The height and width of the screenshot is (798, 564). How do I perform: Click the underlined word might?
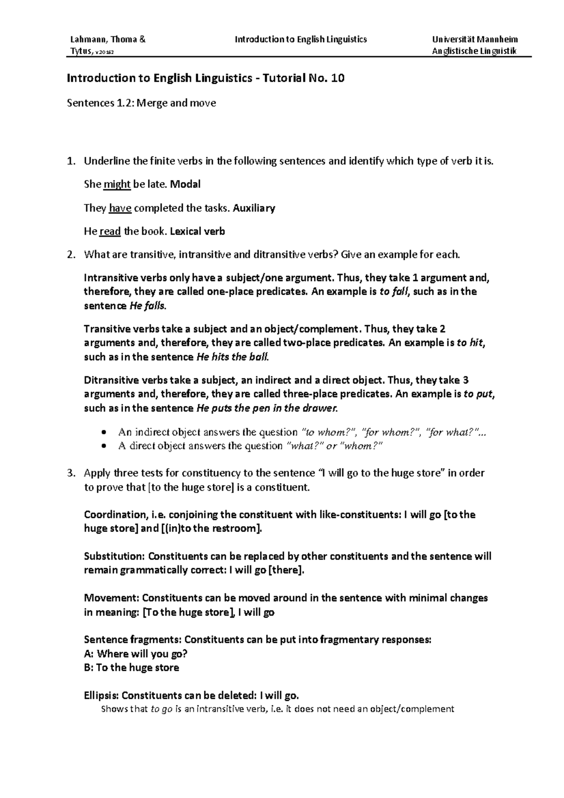click(x=117, y=184)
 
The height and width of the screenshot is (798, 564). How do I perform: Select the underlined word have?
click(x=120, y=208)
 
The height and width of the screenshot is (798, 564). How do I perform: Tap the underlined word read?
click(x=110, y=231)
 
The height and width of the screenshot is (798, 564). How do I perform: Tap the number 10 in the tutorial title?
click(x=337, y=78)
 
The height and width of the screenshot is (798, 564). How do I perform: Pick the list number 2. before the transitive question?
click(x=71, y=255)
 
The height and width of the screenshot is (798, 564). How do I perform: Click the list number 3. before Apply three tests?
click(x=71, y=473)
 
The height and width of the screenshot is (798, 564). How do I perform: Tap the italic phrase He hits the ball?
click(x=232, y=357)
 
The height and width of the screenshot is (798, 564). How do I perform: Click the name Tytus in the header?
click(x=80, y=51)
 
